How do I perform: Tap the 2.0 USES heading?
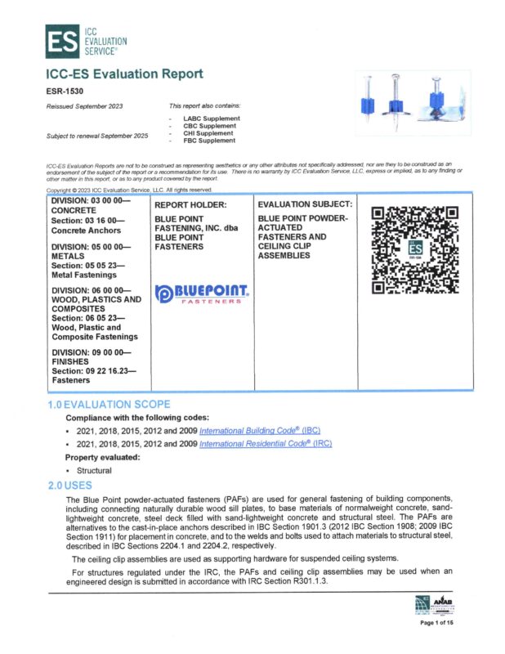74,485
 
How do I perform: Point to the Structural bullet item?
94,471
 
